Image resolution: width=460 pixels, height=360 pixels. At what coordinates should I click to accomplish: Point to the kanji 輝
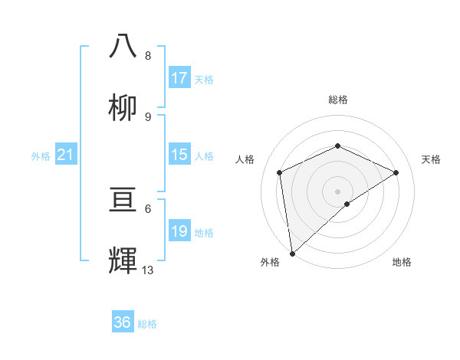[123, 261]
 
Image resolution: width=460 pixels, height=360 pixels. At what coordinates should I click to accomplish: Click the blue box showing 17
[179, 78]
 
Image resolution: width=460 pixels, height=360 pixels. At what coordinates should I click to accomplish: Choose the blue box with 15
[179, 155]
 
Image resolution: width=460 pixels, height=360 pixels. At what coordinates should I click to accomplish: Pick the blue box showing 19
[179, 231]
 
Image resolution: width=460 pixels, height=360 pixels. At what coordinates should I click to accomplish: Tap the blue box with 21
[66, 155]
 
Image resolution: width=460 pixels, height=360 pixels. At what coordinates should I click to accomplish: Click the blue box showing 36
[123, 322]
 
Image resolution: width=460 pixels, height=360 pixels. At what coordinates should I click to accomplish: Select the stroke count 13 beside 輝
[148, 269]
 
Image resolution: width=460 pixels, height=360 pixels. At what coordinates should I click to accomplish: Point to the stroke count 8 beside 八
[148, 56]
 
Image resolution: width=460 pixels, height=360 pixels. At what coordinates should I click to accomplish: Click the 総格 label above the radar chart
[338, 100]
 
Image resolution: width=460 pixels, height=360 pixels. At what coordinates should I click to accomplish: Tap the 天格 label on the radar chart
[431, 159]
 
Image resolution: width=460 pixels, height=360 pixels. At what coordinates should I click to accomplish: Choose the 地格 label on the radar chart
[402, 262]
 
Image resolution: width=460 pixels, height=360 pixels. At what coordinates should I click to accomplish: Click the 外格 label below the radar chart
[270, 262]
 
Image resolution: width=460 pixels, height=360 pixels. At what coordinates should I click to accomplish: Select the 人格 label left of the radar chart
[245, 159]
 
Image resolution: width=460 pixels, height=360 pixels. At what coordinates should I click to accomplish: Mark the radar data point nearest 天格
[396, 172]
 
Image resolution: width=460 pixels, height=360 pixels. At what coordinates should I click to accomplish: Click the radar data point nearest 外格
[292, 253]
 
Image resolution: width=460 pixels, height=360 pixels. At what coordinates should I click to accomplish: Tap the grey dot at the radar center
[337, 191]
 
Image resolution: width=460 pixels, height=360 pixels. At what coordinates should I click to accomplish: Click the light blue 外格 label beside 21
[41, 156]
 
